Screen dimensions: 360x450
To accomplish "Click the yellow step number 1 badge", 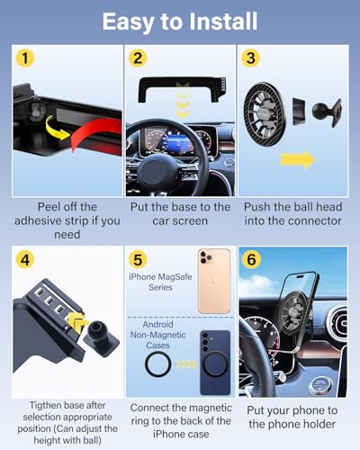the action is tap(25, 58).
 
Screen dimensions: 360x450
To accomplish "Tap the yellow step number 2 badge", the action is tap(138, 58).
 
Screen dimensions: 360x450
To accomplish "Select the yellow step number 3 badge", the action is tap(251, 58).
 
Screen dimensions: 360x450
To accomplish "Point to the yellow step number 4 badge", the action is tap(25, 259).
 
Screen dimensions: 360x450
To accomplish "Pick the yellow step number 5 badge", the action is tap(138, 259).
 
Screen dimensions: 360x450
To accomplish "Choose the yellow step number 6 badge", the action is tap(251, 259).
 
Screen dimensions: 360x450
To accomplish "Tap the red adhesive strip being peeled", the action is tap(97, 132).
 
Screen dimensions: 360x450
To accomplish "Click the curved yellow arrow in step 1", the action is tap(57, 129).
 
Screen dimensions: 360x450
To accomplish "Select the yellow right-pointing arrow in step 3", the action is tap(297, 159).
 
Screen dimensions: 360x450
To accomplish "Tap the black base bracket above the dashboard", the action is tap(183, 89).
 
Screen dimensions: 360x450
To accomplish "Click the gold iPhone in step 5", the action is tap(214, 281).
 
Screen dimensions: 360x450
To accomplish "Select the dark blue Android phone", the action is tap(215, 363).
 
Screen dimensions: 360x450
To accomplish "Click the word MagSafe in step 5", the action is tap(176, 276).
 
